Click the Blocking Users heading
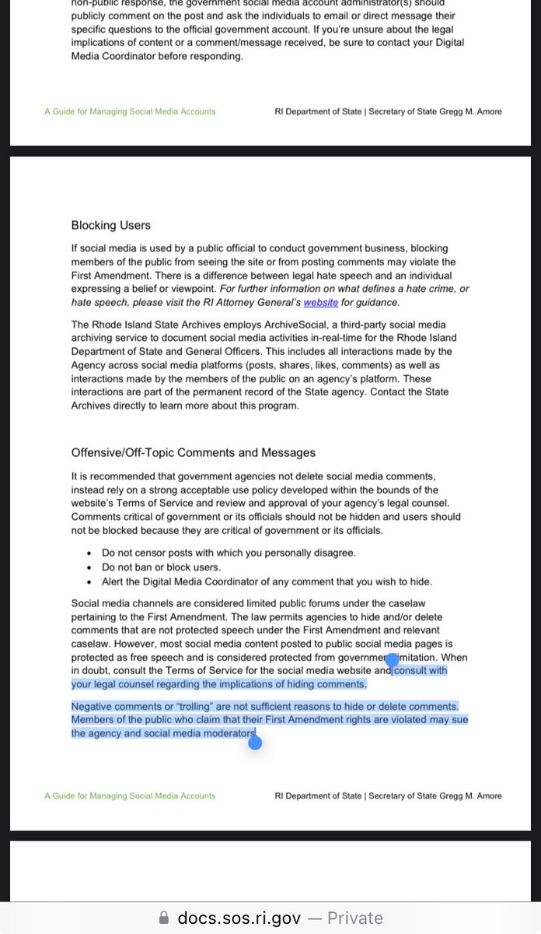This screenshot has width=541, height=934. (111, 226)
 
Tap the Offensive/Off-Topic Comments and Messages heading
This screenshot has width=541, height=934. (194, 453)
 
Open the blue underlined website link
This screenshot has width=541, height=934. (320, 303)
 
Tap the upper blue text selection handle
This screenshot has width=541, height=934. (393, 660)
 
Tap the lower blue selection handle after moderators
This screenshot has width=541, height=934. (255, 743)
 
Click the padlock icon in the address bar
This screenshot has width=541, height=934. (163, 918)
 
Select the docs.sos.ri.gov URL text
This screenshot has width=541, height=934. (239, 918)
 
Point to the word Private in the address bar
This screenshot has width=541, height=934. (354, 918)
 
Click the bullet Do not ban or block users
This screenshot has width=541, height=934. (161, 567)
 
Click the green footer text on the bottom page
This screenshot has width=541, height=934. (130, 796)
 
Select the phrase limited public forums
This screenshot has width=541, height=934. (302, 604)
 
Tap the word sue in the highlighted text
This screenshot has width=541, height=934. (460, 720)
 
